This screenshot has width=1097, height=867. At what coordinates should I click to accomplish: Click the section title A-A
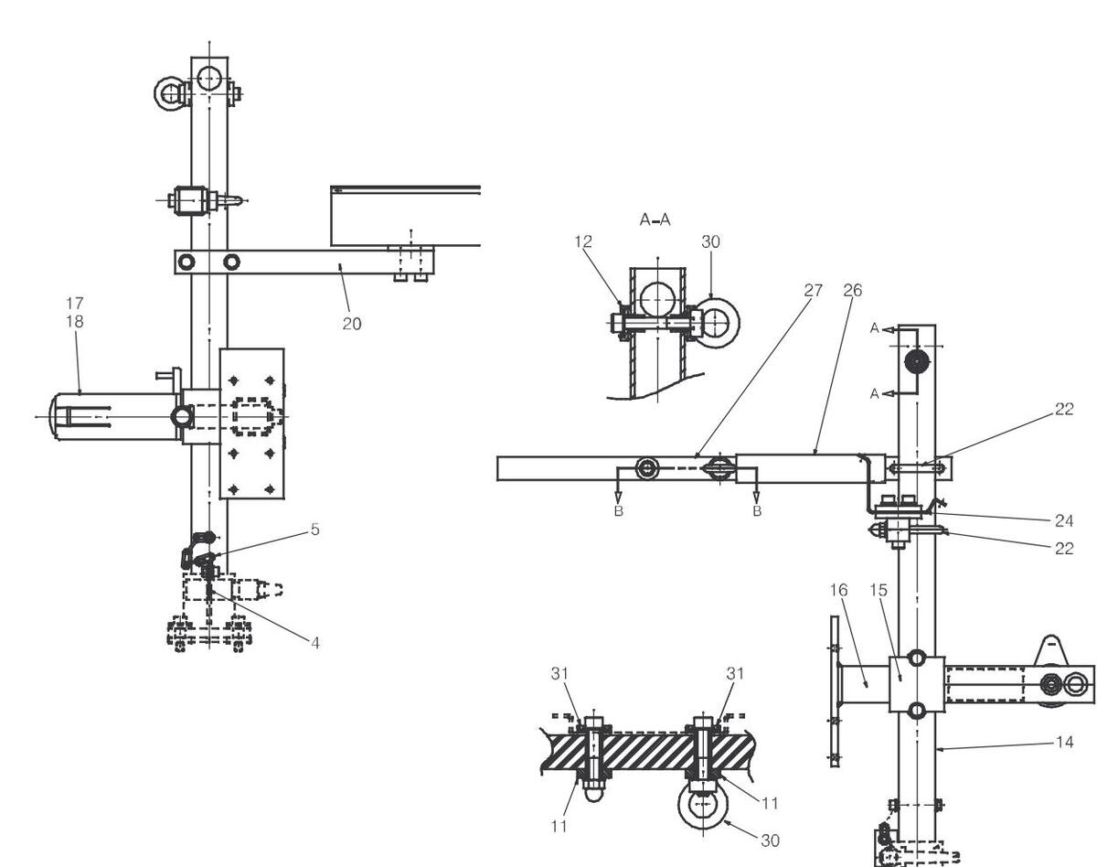[655, 219]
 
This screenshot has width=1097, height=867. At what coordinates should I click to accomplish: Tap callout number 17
[74, 304]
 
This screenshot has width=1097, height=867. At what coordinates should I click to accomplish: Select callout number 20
[352, 324]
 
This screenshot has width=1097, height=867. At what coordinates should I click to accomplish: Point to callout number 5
[315, 530]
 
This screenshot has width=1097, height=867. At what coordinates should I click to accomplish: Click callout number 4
[315, 643]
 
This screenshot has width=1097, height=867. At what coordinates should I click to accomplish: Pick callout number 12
[583, 241]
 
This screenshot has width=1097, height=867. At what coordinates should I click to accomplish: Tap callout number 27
[813, 290]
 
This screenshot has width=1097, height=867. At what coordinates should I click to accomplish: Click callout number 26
[852, 290]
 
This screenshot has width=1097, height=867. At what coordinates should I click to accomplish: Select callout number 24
[1064, 520]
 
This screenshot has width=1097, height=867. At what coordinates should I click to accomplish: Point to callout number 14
[1064, 742]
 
